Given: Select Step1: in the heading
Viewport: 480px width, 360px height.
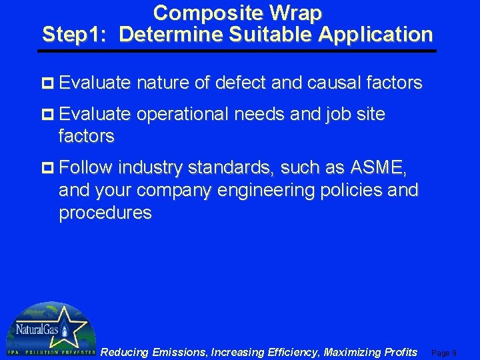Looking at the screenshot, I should tap(75, 34).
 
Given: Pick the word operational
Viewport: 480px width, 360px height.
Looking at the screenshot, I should tap(183, 115).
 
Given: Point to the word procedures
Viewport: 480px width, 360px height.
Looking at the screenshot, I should tap(105, 213).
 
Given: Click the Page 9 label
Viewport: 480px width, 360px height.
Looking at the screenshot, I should tap(444, 353).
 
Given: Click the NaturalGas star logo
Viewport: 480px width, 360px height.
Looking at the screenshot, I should tap(50, 328).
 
